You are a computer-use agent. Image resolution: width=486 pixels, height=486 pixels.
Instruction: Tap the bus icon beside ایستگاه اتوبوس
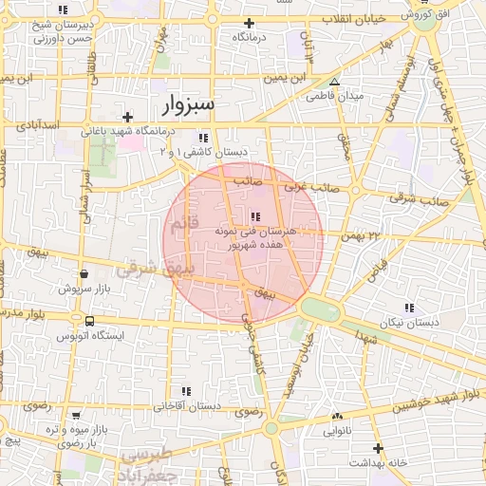click(89, 321)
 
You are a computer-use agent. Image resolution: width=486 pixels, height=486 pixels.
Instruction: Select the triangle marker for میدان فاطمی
click(333, 83)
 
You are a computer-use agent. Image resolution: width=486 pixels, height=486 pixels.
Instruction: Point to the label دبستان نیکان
click(408, 323)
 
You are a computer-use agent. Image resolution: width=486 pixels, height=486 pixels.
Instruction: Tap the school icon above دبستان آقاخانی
click(186, 391)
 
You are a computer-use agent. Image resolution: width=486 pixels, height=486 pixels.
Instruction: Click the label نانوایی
click(337, 430)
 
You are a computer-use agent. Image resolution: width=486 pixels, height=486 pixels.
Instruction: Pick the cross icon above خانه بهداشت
click(378, 448)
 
